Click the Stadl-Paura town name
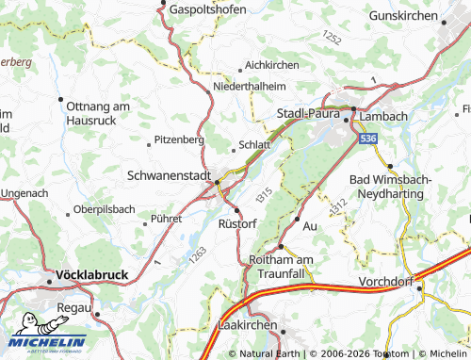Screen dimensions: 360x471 click(x=307, y=113)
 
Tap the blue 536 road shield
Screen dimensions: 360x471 click(x=367, y=138)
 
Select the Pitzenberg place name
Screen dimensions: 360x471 click(x=179, y=139)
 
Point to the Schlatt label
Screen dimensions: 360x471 click(x=254, y=145)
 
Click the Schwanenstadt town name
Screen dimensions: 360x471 click(x=167, y=175)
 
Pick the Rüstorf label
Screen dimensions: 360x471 click(x=237, y=223)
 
